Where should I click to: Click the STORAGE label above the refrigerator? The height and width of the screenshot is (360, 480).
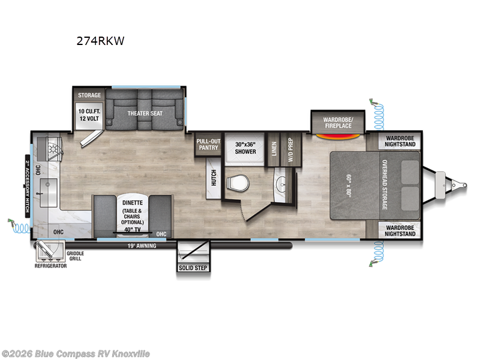[89, 95]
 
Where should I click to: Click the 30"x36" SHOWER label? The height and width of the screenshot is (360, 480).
[245, 148]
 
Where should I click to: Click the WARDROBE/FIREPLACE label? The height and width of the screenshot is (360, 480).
[338, 122]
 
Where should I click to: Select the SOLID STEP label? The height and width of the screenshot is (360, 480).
[193, 267]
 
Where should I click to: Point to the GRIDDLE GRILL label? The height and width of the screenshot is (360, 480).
[76, 256]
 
